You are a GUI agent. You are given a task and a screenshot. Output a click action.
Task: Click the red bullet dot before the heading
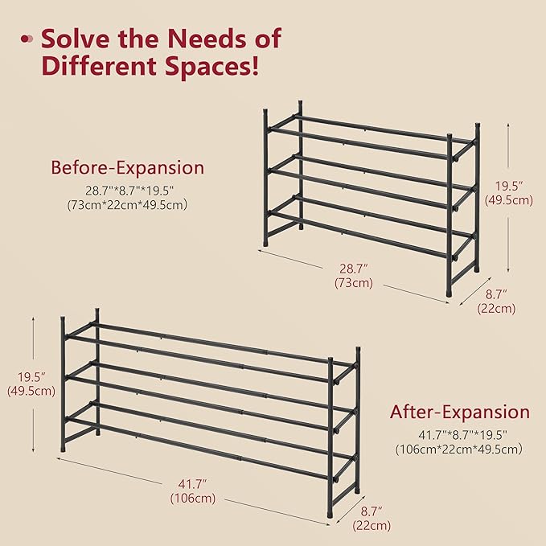(x=27, y=38)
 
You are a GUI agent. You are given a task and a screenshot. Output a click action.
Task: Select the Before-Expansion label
(x=127, y=168)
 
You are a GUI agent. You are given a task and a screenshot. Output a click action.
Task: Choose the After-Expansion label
(x=459, y=413)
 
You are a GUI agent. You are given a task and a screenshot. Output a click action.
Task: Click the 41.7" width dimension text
(x=193, y=483)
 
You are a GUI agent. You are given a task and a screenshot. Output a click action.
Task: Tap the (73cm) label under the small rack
(x=353, y=283)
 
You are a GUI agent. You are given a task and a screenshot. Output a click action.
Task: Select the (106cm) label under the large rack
(x=193, y=498)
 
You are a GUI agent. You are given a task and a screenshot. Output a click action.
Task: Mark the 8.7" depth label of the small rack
(x=496, y=294)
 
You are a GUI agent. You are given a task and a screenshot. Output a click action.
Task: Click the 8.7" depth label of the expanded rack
(x=371, y=511)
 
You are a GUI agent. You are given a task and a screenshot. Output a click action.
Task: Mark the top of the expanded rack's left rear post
(x=97, y=310)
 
